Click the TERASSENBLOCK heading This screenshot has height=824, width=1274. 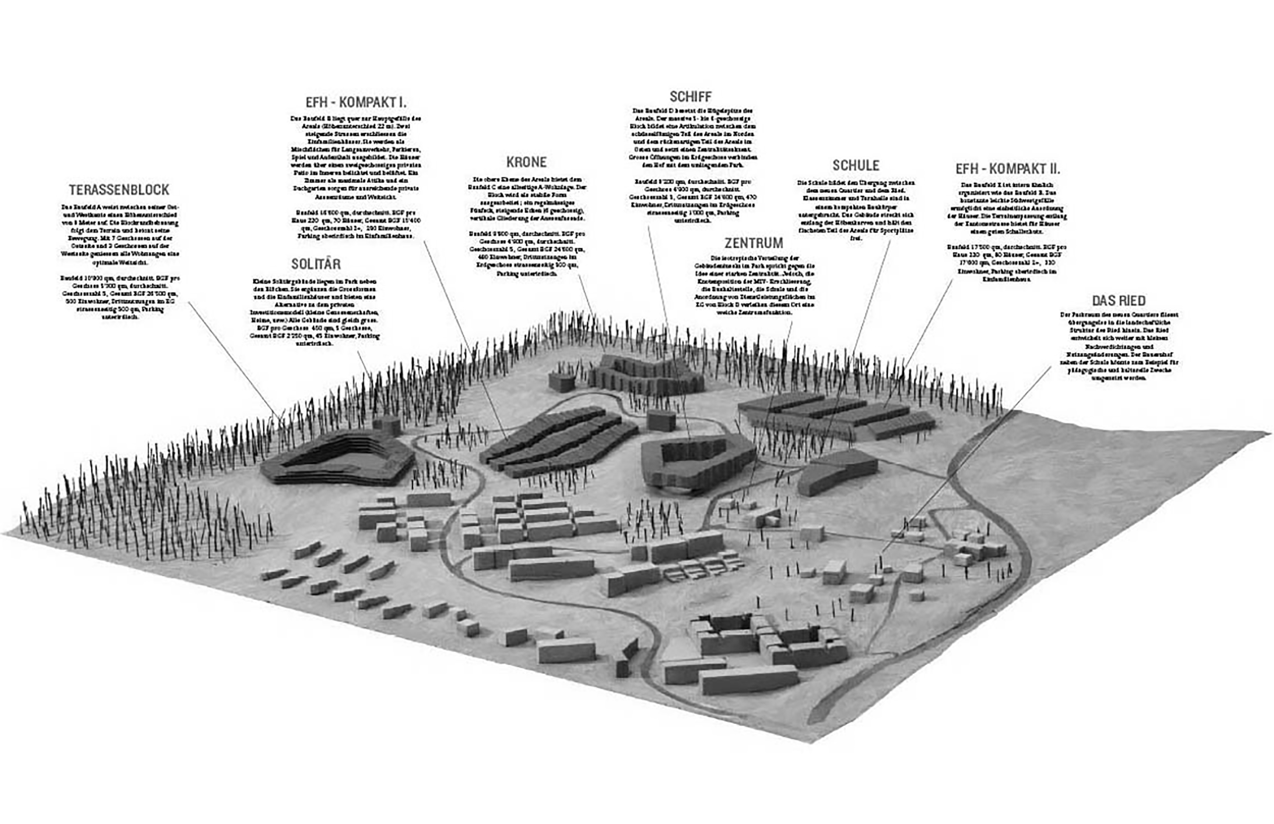pyautogui.click(x=119, y=189)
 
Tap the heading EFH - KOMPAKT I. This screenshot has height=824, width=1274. pyautogui.click(x=356, y=102)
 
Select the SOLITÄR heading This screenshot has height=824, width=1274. pyautogui.click(x=316, y=264)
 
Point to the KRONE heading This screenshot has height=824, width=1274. pyautogui.click(x=526, y=161)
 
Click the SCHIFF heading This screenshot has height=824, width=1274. pyautogui.click(x=691, y=96)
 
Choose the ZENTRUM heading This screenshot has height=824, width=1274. pyautogui.click(x=754, y=243)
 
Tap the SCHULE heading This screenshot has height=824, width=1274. pyautogui.click(x=856, y=165)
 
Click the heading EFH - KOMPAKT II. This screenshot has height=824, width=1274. pyautogui.click(x=1008, y=169)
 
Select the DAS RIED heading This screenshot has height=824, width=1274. pyautogui.click(x=1119, y=301)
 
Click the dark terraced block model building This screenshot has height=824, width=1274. pyautogui.click(x=337, y=457)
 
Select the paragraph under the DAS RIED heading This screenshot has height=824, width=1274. pyautogui.click(x=1119, y=346)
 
